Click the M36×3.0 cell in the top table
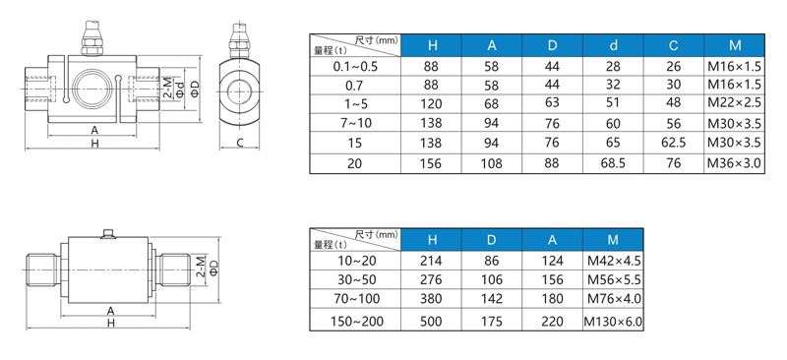(734, 163)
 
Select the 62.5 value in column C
(674, 143)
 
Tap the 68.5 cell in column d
(613, 163)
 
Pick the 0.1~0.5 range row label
(355, 66)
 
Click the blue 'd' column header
(613, 45)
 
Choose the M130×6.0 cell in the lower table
(613, 322)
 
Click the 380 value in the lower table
(432, 299)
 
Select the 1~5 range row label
(356, 104)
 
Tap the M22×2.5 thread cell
(734, 103)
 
